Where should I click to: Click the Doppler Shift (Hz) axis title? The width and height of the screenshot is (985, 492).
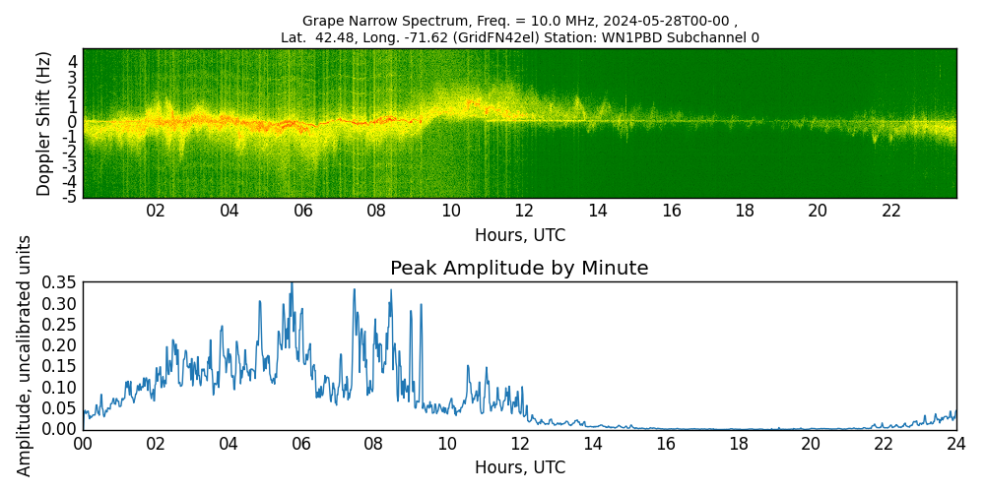(44, 123)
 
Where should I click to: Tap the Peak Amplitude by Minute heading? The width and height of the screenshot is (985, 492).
(519, 269)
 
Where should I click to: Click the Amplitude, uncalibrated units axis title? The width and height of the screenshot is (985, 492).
(25, 355)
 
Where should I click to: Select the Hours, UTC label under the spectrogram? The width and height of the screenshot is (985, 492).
(519, 236)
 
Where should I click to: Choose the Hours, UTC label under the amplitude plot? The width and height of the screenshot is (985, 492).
(519, 467)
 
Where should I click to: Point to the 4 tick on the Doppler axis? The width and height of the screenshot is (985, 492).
(73, 61)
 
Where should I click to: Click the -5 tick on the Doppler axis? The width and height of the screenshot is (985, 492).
(70, 197)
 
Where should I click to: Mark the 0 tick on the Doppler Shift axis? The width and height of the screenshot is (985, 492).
(73, 122)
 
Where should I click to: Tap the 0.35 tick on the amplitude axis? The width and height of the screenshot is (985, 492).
(58, 282)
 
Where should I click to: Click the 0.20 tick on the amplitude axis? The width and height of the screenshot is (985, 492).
(58, 345)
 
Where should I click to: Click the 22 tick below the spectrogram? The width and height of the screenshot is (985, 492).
(891, 212)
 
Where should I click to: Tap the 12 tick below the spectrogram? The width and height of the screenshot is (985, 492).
(524, 212)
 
